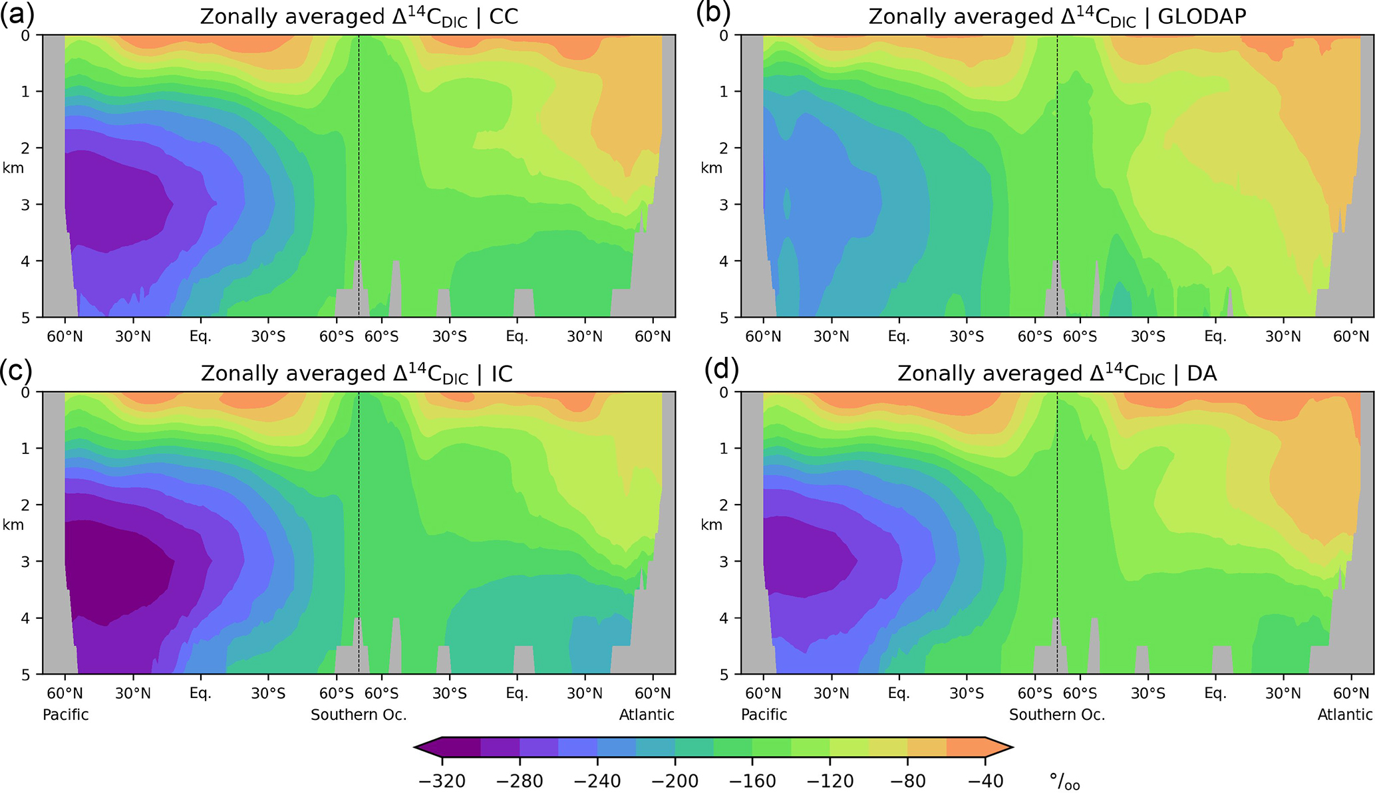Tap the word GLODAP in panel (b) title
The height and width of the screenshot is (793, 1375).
(1202, 17)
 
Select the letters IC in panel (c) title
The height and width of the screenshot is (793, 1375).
(502, 374)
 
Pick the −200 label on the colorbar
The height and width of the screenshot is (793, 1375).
(675, 780)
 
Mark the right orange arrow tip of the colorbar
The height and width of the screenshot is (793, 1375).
(1008, 747)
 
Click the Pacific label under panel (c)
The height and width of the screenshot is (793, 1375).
(66, 715)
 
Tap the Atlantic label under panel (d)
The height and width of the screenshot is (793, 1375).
(1345, 715)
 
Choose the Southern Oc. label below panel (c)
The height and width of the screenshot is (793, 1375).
(359, 715)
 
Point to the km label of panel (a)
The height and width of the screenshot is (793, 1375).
(13, 168)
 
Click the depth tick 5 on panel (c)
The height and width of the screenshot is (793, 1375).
(25, 674)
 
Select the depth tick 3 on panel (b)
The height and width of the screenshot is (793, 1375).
(724, 204)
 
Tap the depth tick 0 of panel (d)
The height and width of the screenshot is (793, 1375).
(724, 392)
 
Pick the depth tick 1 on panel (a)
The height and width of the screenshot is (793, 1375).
(25, 91)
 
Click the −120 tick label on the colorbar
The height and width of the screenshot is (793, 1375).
(830, 780)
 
